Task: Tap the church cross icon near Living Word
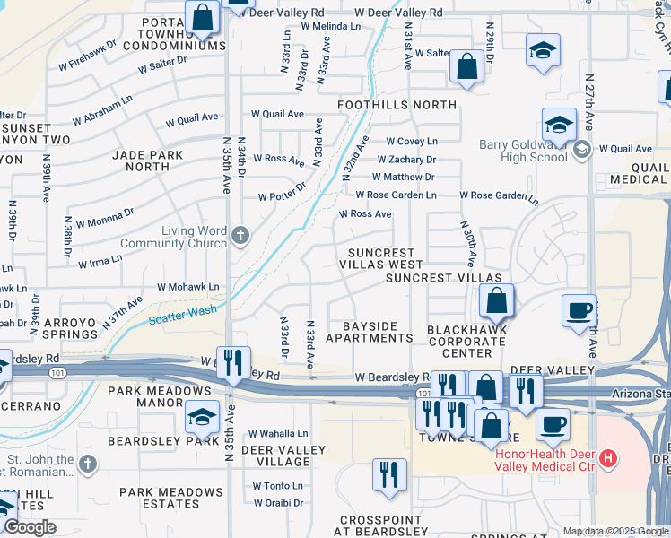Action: pyautogui.click(x=240, y=236)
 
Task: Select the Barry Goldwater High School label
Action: pyautogui.click(x=510, y=150)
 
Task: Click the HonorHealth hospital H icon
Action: pyautogui.click(x=609, y=459)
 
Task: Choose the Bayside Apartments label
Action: pyautogui.click(x=369, y=331)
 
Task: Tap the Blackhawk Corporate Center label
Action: pyautogui.click(x=466, y=342)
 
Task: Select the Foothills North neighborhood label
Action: pyautogui.click(x=397, y=105)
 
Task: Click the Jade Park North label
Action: pyautogui.click(x=148, y=161)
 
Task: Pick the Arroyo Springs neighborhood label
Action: pyautogui.click(x=57, y=328)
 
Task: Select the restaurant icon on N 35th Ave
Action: pyautogui.click(x=233, y=363)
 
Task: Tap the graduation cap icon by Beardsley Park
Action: pyautogui.click(x=203, y=416)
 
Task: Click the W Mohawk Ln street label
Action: pyautogui.click(x=188, y=287)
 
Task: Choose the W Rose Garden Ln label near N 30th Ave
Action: pyautogui.click(x=497, y=195)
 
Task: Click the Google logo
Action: pyautogui.click(x=29, y=528)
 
